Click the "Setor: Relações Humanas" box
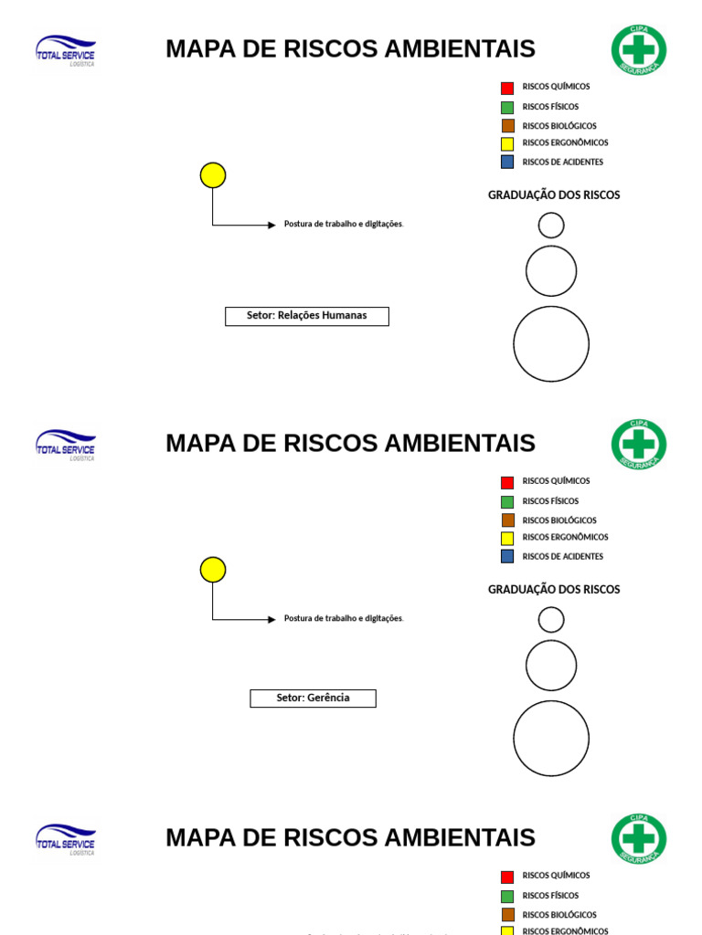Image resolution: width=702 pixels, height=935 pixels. [307, 316]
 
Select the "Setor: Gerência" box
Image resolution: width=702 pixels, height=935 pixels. [313, 699]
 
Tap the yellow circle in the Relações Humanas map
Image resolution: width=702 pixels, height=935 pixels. [213, 175]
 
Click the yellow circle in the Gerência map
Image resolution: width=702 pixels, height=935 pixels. [213, 570]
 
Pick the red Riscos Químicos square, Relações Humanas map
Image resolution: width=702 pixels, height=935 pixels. [507, 89]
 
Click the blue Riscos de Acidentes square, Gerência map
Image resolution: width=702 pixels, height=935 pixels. [507, 556]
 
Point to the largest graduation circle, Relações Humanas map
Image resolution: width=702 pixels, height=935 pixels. [551, 344]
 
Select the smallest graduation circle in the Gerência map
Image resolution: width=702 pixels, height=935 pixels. [551, 620]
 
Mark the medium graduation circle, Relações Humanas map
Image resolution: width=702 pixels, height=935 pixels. [551, 271]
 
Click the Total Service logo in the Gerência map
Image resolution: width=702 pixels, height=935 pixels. [65, 445]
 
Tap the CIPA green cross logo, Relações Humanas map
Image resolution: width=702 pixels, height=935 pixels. [639, 50]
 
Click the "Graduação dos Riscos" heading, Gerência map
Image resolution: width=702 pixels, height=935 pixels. [554, 590]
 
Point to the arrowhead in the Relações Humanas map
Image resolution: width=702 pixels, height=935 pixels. [271, 225]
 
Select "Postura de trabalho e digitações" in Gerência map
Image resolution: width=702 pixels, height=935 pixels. [343, 619]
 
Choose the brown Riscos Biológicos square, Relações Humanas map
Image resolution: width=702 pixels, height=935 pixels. [507, 126]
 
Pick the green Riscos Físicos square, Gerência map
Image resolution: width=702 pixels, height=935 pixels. [507, 501]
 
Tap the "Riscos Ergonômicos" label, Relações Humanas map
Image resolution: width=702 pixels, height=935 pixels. [565, 143]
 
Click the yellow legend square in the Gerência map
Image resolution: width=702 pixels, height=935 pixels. [507, 539]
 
